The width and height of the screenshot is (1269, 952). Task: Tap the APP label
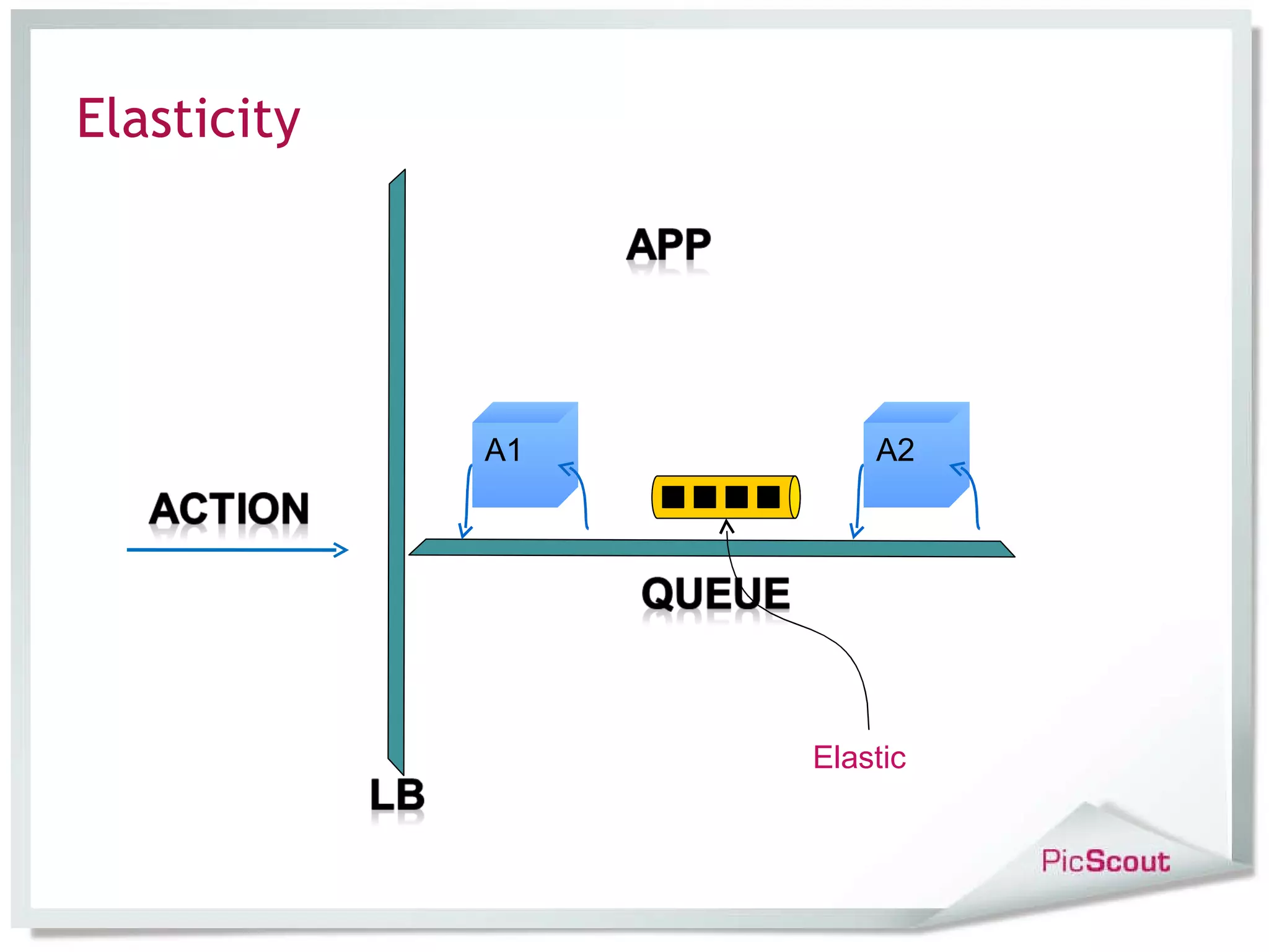[x=668, y=245]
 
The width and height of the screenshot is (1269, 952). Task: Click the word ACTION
[x=229, y=509]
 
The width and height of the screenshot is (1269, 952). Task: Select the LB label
[x=397, y=795]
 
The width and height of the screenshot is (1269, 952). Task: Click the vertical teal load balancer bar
[x=397, y=471]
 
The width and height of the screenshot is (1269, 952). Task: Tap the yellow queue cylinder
[x=725, y=497]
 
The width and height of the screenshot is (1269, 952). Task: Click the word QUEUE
[x=716, y=593]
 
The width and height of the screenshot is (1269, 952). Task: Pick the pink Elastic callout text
[x=859, y=757]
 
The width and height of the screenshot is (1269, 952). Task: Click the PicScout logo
[x=1105, y=862]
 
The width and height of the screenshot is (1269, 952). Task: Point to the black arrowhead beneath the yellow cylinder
[x=727, y=527]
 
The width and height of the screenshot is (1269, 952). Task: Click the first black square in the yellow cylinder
[x=673, y=497]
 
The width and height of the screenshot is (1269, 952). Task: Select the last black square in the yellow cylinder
[x=768, y=497]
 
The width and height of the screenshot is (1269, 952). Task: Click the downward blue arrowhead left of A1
[x=465, y=531]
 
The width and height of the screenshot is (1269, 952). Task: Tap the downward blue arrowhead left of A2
[x=856, y=531]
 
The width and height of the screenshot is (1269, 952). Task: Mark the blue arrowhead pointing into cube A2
[x=959, y=469]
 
